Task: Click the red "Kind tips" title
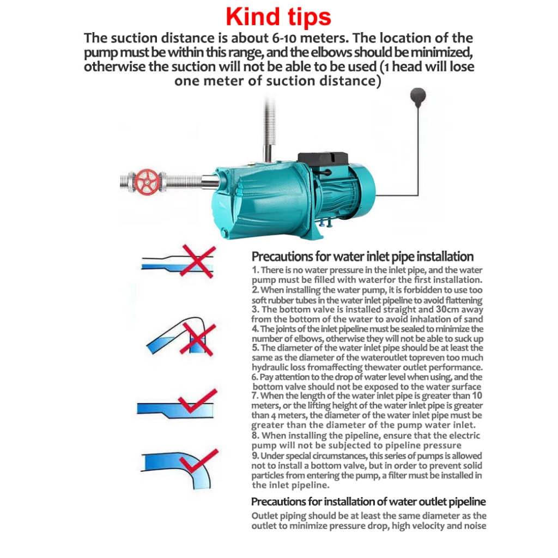278,17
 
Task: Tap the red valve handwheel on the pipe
148,181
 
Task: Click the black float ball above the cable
418,96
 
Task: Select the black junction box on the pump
323,162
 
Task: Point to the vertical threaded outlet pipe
269,128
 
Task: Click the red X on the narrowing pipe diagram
197,261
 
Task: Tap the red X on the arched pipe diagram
197,339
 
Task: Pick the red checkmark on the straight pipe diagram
197,401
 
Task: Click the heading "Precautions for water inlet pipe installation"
362,256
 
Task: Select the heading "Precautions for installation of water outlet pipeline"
368,501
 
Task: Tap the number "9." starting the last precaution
255,456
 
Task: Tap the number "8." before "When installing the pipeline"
255,435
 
